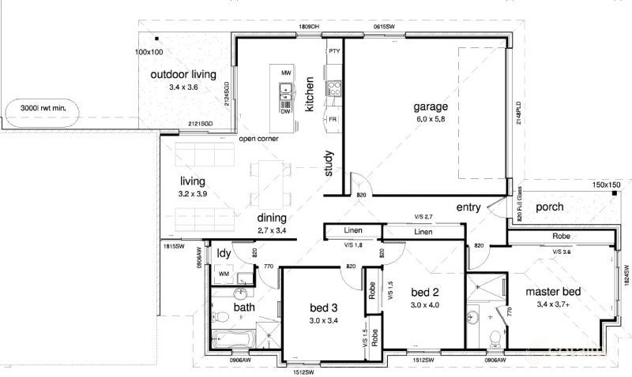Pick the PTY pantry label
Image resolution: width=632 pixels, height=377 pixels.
(334, 51)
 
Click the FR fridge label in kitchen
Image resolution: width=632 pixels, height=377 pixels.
(334, 119)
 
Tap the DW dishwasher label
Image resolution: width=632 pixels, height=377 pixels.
(285, 111)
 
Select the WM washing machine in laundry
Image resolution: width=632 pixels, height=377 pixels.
(224, 274)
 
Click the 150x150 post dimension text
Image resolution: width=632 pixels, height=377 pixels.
(607, 185)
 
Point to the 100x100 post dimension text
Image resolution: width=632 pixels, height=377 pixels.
(148, 52)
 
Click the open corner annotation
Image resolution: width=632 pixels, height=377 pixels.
(258, 139)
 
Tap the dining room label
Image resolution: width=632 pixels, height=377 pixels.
(271, 218)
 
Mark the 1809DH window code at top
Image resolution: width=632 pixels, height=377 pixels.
(308, 27)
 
